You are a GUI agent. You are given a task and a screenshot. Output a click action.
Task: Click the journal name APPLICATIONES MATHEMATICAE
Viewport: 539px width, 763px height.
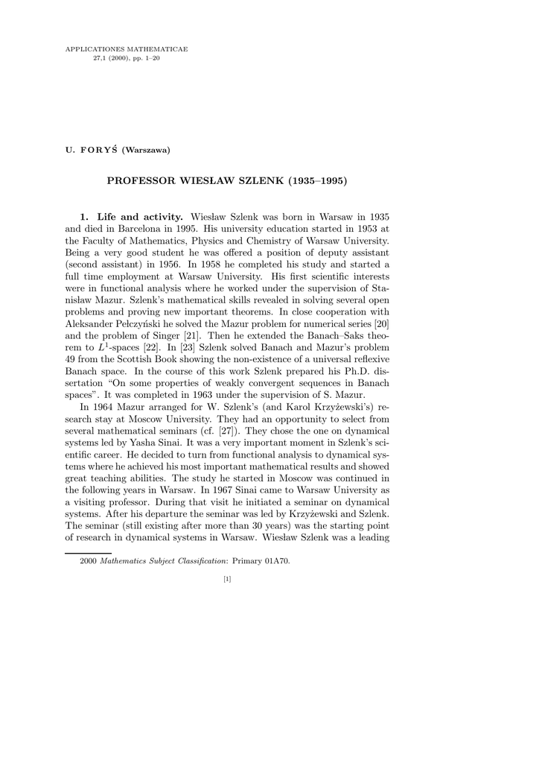127,49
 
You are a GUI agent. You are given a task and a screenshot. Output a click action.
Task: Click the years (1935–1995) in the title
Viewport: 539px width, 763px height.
311,180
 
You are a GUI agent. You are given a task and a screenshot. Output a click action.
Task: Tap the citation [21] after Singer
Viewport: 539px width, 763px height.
190,336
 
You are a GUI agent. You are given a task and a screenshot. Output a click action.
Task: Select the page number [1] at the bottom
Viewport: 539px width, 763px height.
227,579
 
